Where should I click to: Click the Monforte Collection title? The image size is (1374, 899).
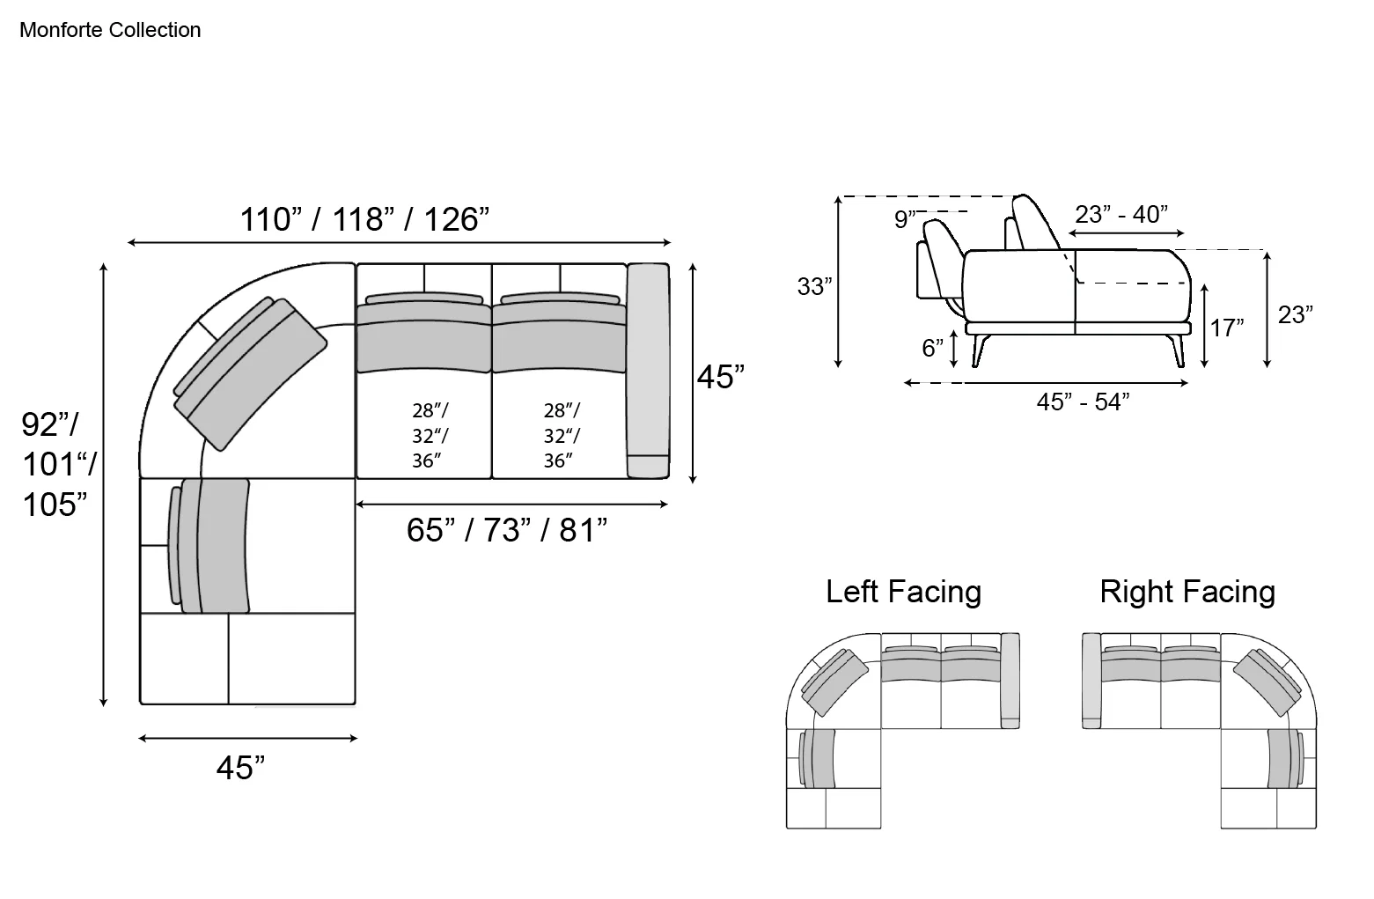tap(110, 30)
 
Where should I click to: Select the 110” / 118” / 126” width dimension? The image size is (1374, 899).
tap(364, 219)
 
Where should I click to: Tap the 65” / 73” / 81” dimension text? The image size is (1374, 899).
tap(507, 529)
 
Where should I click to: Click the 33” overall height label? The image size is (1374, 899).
tap(814, 286)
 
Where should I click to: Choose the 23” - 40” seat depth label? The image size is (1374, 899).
tap(1121, 214)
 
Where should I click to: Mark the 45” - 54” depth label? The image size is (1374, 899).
tap(1083, 402)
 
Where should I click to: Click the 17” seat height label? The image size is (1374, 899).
tap(1227, 328)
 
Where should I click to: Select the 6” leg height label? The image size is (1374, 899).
tap(932, 348)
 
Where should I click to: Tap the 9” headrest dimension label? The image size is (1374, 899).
tap(905, 218)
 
